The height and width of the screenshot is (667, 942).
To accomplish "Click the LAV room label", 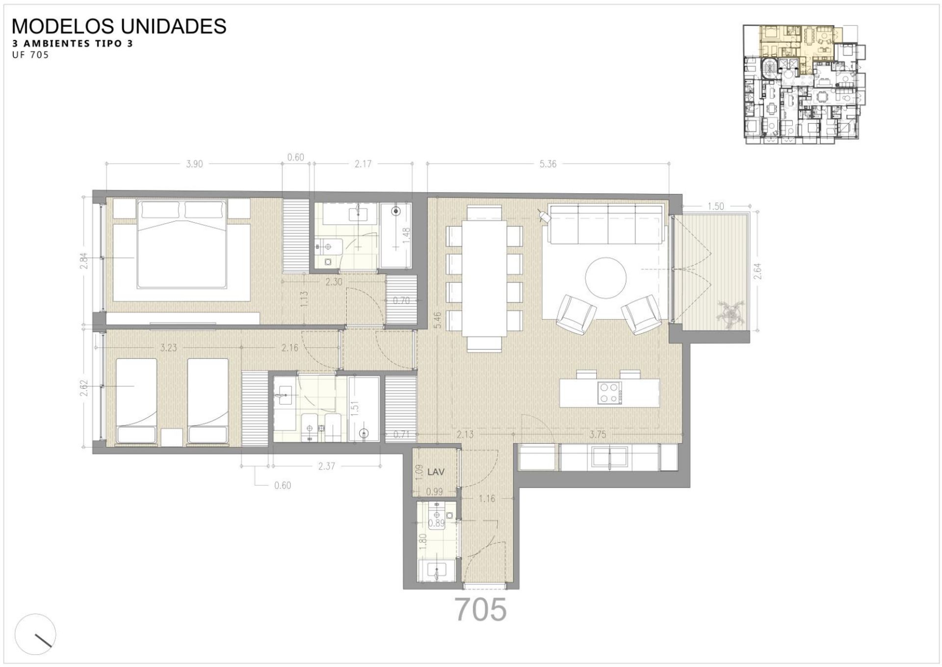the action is (x=436, y=472).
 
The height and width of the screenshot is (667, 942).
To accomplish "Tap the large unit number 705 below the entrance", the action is (x=480, y=610).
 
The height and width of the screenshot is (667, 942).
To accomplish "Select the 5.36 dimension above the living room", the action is (x=548, y=164).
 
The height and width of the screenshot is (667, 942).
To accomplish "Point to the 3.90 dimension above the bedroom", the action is (x=194, y=164).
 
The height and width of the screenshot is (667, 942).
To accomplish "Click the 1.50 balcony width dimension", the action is (x=715, y=206).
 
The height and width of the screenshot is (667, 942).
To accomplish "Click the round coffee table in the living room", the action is (x=606, y=277).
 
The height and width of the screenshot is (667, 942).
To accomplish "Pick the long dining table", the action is (x=484, y=278).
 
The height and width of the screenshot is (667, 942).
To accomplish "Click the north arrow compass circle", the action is (x=35, y=634).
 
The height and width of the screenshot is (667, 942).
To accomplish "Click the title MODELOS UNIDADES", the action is (x=119, y=26).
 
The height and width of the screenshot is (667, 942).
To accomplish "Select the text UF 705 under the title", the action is (x=30, y=55).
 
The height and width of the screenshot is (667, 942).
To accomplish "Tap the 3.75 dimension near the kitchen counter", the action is (x=598, y=434).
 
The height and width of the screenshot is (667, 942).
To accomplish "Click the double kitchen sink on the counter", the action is (x=609, y=457).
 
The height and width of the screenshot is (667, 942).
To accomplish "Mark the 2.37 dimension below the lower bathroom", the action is (x=326, y=466).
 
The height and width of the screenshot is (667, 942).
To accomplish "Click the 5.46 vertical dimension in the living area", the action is (x=438, y=320).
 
